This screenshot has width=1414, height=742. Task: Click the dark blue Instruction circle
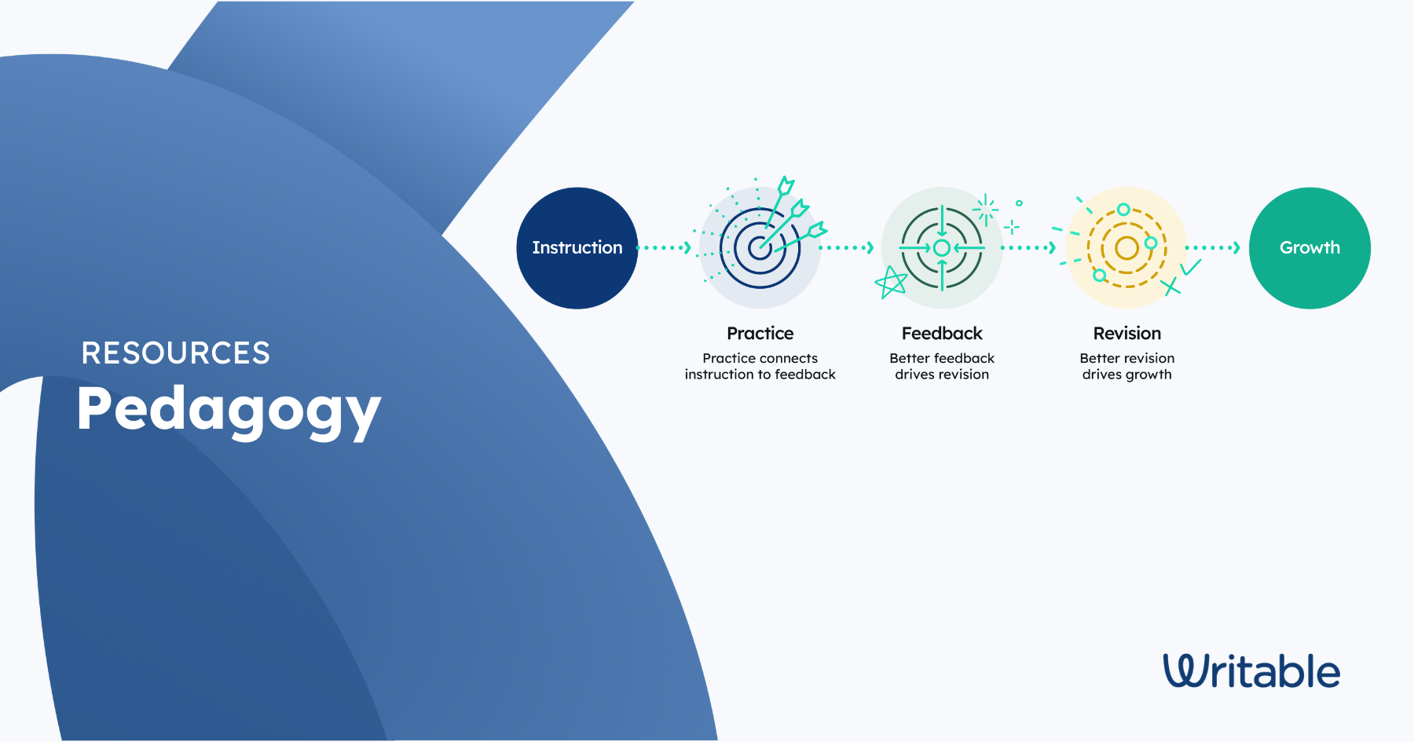[x=577, y=248]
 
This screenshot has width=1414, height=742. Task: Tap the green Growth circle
[x=1310, y=248]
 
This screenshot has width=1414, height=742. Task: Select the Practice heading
[x=760, y=334]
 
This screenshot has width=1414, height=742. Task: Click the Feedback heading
[x=942, y=334]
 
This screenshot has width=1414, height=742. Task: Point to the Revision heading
[x=1127, y=334]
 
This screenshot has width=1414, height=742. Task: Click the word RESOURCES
[x=176, y=353]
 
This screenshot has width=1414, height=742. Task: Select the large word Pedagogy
[x=229, y=411]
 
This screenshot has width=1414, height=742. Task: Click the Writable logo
[x=1251, y=671]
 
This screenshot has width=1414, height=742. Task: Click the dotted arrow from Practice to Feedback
[x=847, y=248]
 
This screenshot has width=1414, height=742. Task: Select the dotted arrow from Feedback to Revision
[x=1029, y=248]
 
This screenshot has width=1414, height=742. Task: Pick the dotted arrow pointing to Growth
[x=1213, y=248]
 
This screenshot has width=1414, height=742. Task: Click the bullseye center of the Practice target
[x=760, y=248]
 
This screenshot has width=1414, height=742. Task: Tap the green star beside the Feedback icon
[x=891, y=283]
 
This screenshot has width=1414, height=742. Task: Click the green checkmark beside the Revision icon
[x=1191, y=267]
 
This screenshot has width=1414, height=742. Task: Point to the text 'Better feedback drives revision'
[x=942, y=367]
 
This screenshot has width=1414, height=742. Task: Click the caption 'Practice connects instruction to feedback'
[x=760, y=367]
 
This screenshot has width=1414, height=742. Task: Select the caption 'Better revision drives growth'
[x=1127, y=367]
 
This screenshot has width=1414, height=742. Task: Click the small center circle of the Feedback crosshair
[x=942, y=248]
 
